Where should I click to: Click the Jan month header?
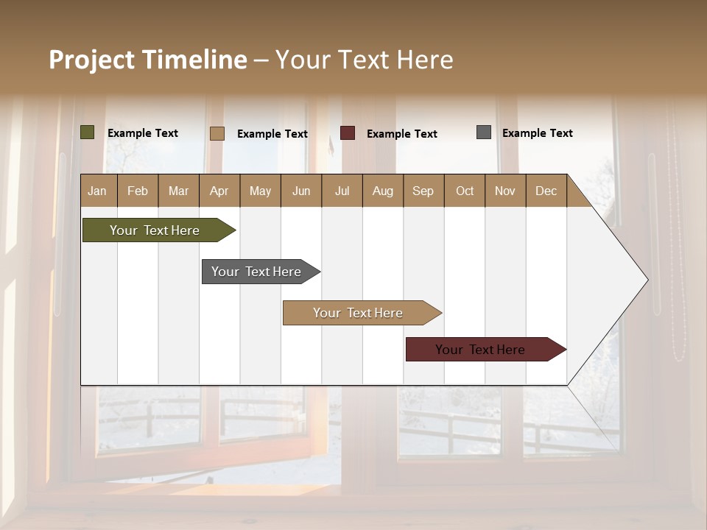coord(98,191)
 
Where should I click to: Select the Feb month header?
coord(138,191)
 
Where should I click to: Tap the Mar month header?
coord(178,191)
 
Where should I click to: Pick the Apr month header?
coord(219,191)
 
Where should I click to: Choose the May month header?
coord(260,191)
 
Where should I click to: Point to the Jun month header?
coord(301,191)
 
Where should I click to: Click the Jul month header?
coord(342,191)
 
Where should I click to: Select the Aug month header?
coord(383,191)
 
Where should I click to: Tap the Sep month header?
coord(423,191)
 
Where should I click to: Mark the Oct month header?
coord(465,191)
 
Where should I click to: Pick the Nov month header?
coord(505,191)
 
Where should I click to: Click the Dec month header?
coord(546,191)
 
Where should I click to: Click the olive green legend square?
coord(88,132)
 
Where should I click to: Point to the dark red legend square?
coord(348,133)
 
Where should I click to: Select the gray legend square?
coord(484,132)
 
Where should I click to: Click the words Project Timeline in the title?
coord(148,60)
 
